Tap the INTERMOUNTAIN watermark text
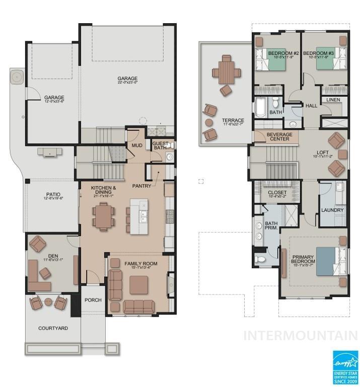[301, 335]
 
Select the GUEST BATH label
[161, 146]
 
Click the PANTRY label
[142, 186]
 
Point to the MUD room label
[136, 145]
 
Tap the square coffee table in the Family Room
[138, 284]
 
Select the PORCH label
[93, 300]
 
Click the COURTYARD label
[53, 328]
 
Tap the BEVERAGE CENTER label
[278, 136]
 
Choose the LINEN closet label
[333, 100]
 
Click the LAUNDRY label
[332, 210]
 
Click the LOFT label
[322, 152]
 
